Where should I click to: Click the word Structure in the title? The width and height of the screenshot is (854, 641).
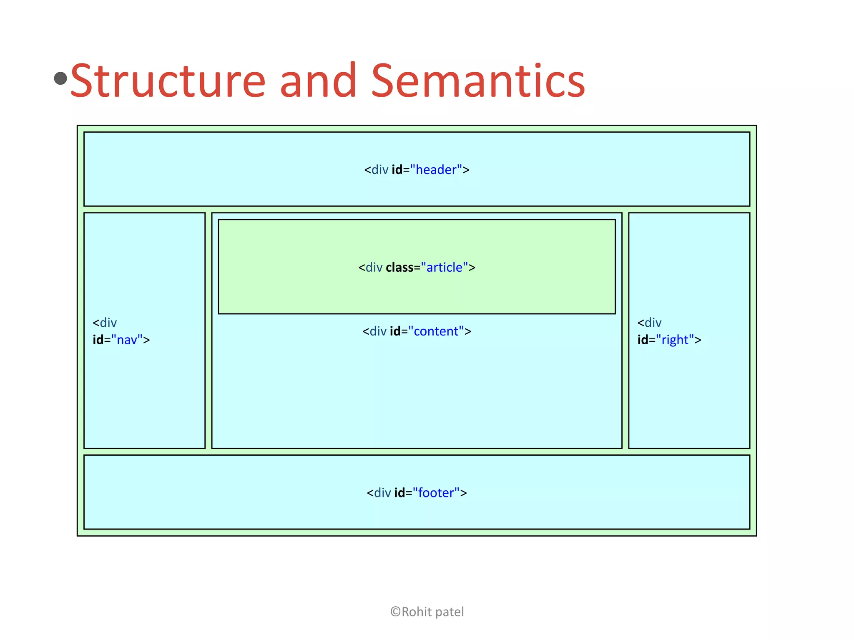(168, 81)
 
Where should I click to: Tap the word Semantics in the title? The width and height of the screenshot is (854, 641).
(478, 81)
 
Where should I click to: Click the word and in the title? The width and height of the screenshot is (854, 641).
(318, 81)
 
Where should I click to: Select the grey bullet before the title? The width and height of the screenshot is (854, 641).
(61, 78)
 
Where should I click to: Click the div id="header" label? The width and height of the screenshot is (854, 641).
(417, 170)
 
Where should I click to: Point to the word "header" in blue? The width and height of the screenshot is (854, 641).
(436, 170)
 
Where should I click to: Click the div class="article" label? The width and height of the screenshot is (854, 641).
(417, 268)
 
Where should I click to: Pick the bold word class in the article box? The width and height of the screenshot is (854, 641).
(399, 268)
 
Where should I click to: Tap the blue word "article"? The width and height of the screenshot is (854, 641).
(445, 268)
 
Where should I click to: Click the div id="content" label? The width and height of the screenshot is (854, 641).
(417, 331)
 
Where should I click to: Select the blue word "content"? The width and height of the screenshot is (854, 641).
(436, 331)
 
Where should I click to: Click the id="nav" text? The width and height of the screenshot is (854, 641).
(121, 340)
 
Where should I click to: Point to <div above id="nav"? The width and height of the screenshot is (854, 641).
(105, 323)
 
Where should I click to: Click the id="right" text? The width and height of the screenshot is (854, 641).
(669, 340)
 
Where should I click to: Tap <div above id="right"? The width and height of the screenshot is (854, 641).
(649, 323)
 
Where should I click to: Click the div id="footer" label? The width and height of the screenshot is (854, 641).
(417, 493)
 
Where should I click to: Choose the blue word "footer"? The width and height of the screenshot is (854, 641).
(436, 493)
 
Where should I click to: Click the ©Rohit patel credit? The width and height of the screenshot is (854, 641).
(427, 612)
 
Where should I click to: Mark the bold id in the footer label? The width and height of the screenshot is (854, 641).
(399, 493)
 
